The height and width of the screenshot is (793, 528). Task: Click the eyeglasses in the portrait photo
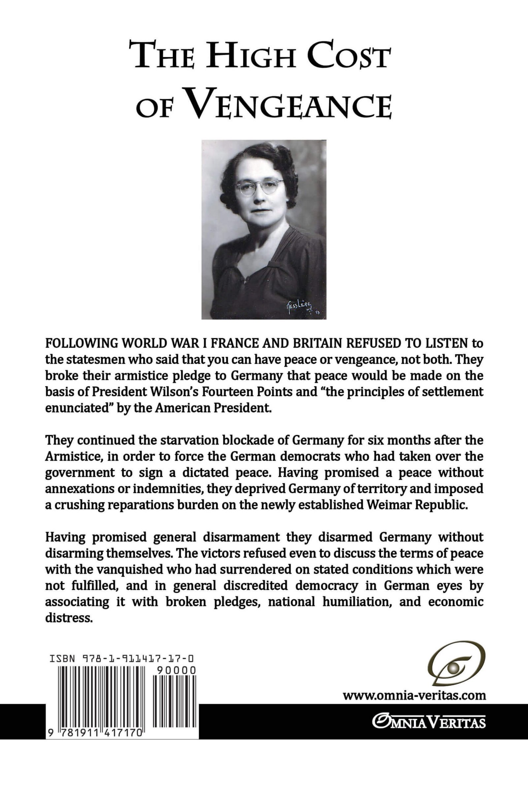tap(260, 187)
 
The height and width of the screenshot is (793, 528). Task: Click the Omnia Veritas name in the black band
tap(429, 722)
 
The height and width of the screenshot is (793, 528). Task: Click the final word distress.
tap(69, 618)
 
